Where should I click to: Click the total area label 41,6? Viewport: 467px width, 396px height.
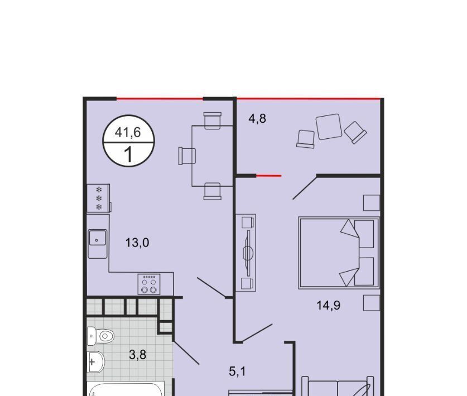point(128,132)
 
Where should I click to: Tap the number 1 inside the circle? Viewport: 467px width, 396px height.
point(128,154)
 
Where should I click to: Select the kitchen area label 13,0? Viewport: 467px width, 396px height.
point(137,243)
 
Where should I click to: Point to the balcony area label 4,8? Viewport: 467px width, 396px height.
point(257,118)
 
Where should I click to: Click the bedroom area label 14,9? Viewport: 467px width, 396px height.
point(328,305)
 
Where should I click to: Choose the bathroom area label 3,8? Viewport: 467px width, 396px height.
point(138,355)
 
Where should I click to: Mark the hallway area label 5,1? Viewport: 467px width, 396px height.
point(237,371)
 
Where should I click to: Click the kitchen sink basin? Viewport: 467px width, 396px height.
point(97,238)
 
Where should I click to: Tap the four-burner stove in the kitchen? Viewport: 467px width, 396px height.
point(149,284)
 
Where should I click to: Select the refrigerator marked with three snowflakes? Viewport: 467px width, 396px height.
point(99,198)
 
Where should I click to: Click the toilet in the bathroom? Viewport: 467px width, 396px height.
point(100,336)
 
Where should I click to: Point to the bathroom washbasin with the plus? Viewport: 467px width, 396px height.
point(95,362)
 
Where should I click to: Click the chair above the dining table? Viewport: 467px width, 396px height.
point(213,120)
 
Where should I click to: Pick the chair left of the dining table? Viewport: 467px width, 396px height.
point(187,156)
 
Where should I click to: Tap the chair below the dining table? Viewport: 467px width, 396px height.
point(213,191)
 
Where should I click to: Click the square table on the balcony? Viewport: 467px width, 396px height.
point(329,127)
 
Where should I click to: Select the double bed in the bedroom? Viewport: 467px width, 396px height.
point(339,253)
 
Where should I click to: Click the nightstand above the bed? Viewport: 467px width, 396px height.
point(372,203)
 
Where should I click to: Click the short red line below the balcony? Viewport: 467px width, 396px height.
point(268,176)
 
